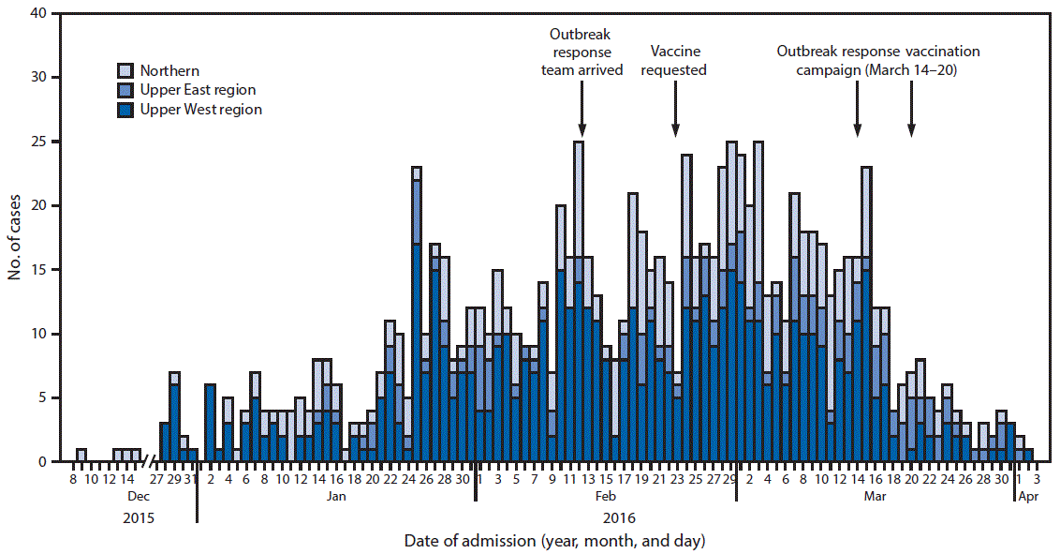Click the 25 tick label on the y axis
pyautogui.click(x=40, y=142)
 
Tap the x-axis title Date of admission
pyautogui.click(x=555, y=541)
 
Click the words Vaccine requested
pyautogui.click(x=676, y=61)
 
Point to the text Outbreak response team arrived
pyautogui.click(x=582, y=52)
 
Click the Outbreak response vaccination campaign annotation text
pyautogui.click(x=878, y=61)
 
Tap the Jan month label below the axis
pyautogui.click(x=336, y=497)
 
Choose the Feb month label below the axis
pyautogui.click(x=607, y=497)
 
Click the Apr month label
pyautogui.click(x=1027, y=497)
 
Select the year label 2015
pyautogui.click(x=138, y=517)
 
